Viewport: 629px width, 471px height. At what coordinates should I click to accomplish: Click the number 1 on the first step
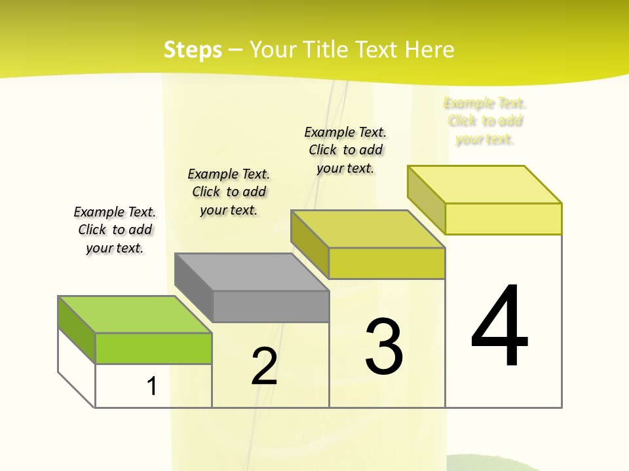pos(152,386)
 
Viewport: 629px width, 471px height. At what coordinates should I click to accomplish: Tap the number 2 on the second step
pos(264,366)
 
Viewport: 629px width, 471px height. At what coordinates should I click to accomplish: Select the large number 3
pos(384,346)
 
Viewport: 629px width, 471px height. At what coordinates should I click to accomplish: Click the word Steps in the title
pos(193,50)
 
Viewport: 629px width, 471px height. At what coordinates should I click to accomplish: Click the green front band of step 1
pos(153,348)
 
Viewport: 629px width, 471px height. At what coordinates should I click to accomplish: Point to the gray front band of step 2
pos(271,306)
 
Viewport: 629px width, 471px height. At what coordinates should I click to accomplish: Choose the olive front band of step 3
pos(387,263)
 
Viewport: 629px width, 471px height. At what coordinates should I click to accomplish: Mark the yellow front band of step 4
pos(503,218)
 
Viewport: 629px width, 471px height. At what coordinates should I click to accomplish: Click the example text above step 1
pos(115,230)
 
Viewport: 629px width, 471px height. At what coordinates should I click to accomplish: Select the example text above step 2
pos(229,192)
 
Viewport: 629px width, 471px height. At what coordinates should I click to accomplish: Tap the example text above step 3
pos(345,150)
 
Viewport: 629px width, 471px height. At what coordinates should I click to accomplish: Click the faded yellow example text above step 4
pos(485,121)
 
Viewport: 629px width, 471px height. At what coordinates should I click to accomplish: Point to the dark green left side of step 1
pos(76,329)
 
